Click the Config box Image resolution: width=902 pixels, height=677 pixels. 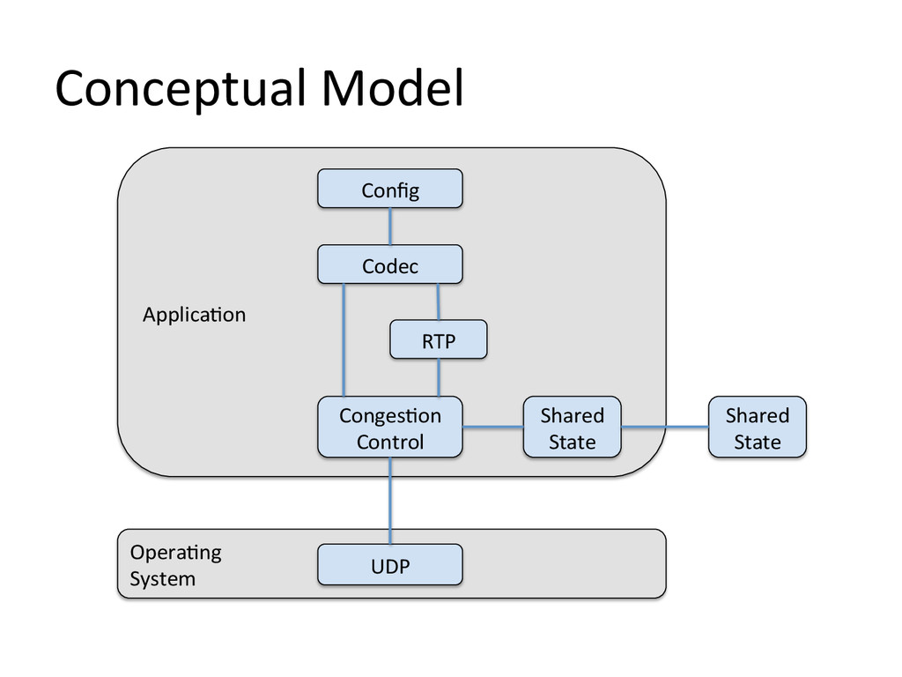[390, 189]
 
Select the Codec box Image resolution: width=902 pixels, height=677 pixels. [390, 264]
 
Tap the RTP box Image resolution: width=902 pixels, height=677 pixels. [439, 339]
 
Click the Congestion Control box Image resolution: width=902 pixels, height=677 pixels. [390, 428]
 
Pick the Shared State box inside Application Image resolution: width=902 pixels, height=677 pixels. [572, 428]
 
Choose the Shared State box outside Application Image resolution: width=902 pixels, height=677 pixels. [757, 428]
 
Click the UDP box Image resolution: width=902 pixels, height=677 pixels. [390, 565]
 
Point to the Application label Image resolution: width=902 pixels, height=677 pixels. [195, 315]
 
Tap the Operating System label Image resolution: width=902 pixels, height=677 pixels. [175, 565]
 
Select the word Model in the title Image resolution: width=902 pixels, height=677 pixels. [392, 87]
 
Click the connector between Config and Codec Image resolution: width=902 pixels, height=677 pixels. [390, 227]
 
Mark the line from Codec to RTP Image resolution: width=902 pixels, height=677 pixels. [439, 301]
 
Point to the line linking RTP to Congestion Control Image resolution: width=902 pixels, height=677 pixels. [439, 377]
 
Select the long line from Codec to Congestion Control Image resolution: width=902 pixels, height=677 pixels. [344, 339]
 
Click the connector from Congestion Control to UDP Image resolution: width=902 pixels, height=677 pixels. [390, 501]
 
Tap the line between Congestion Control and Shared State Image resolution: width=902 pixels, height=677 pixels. [493, 428]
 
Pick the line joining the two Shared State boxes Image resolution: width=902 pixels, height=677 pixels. [665, 428]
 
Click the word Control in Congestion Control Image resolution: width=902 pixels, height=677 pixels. [390, 442]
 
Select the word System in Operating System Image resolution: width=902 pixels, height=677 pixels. [162, 578]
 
